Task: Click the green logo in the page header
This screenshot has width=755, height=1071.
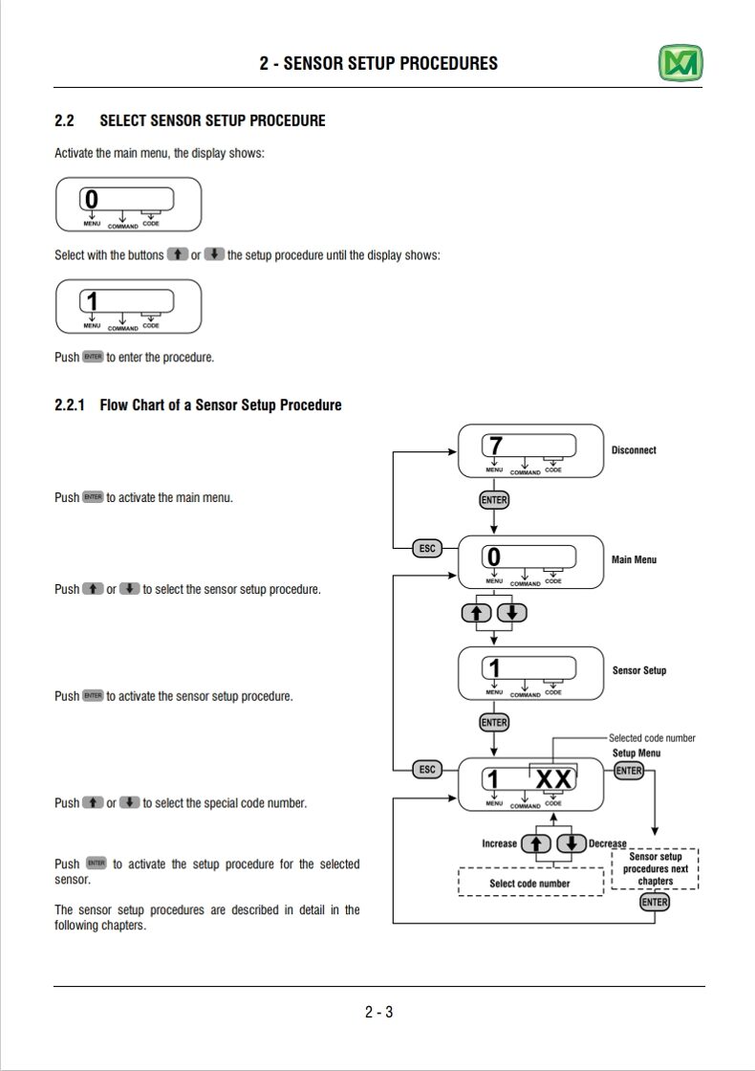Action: click(680, 63)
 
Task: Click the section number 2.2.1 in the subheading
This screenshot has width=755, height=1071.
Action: click(70, 405)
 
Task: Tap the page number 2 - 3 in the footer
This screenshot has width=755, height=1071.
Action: click(378, 1013)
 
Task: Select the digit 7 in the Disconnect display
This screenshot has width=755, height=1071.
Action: click(496, 446)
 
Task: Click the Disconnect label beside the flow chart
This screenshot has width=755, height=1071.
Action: click(634, 450)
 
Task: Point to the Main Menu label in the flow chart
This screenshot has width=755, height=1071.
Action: click(634, 559)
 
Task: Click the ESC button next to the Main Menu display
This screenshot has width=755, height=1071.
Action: click(427, 549)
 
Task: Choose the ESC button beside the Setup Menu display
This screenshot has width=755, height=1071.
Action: click(427, 770)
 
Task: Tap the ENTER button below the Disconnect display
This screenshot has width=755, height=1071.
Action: click(494, 500)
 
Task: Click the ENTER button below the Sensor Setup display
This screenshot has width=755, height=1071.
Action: click(494, 723)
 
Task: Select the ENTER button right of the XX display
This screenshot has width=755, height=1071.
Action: click(629, 771)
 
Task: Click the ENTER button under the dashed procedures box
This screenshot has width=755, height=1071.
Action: click(655, 903)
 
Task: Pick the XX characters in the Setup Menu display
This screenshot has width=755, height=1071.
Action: click(553, 778)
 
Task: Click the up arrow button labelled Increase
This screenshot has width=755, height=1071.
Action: click(536, 844)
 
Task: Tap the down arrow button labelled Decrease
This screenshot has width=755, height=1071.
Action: click(572, 844)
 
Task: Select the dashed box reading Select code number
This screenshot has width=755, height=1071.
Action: click(530, 882)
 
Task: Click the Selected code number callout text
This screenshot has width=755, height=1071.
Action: click(652, 737)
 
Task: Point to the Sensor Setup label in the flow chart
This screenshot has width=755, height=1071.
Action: click(639, 670)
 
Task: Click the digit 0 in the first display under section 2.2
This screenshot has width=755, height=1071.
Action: click(92, 199)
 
